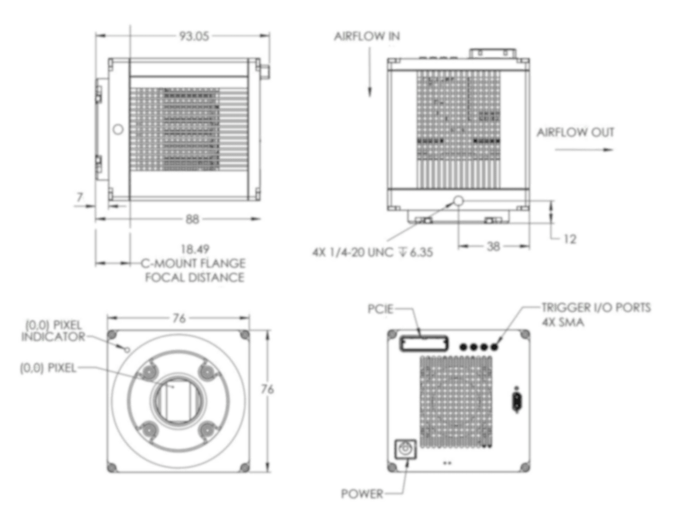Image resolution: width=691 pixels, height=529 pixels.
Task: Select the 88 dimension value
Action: [x=193, y=219]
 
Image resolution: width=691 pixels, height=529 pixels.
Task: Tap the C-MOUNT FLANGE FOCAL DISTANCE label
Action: [x=194, y=270]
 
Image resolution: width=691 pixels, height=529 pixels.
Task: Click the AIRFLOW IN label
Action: [x=367, y=37]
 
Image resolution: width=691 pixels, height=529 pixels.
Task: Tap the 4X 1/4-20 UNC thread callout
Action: [x=372, y=252]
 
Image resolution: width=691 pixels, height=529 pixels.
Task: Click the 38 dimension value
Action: [x=494, y=247]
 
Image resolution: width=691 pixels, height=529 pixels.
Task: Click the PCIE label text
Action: [x=381, y=309]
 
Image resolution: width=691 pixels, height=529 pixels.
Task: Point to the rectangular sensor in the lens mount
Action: [x=177, y=400]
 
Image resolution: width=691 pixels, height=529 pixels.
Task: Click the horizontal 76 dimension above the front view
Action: [x=179, y=318]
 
